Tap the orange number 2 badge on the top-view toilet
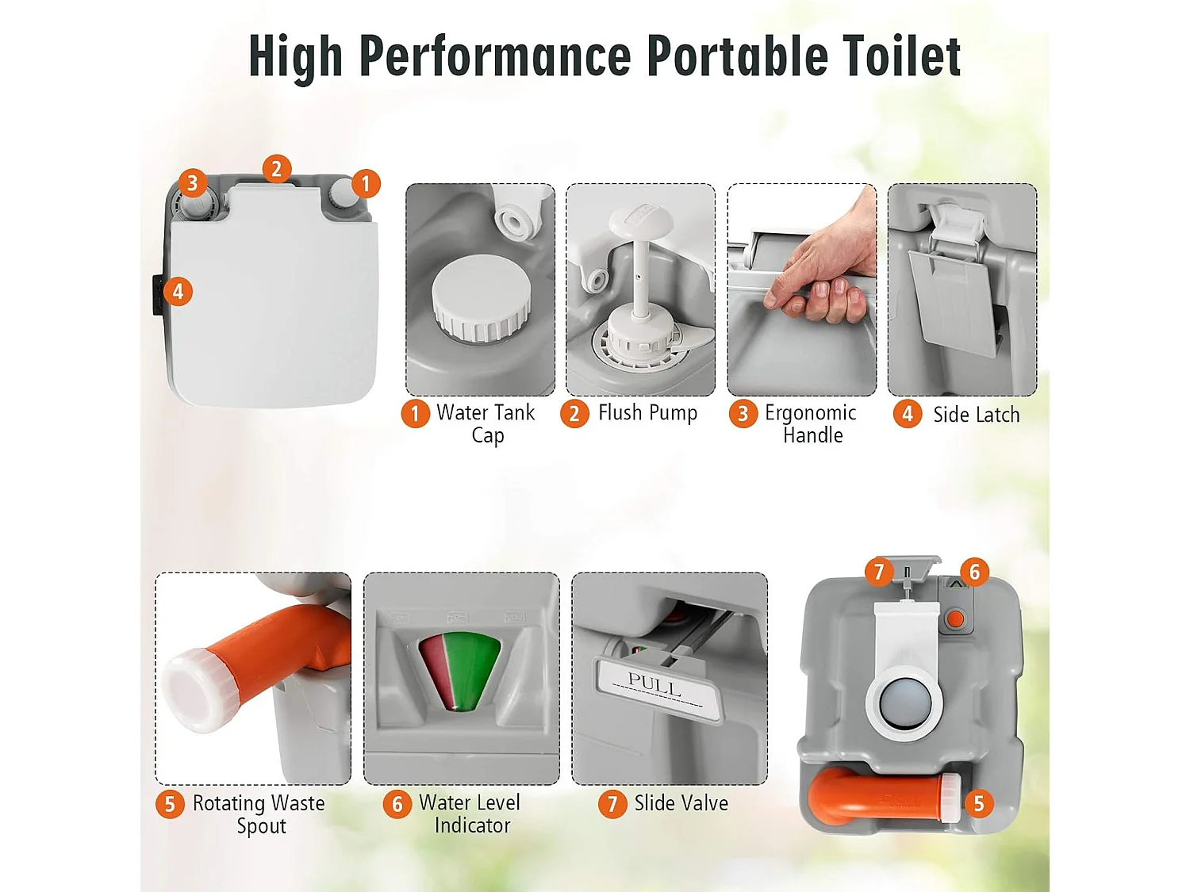pyautogui.click(x=277, y=169)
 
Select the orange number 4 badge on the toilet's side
pyautogui.click(x=178, y=292)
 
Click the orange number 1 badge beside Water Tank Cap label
pyautogui.click(x=415, y=414)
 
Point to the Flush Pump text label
pyautogui.click(x=647, y=412)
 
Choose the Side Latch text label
pyautogui.click(x=976, y=415)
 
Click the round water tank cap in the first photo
pyautogui.click(x=480, y=299)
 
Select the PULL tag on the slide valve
pyautogui.click(x=660, y=687)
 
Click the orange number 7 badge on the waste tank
pyautogui.click(x=878, y=572)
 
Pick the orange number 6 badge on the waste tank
pyautogui.click(x=974, y=572)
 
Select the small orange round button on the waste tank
pyautogui.click(x=956, y=618)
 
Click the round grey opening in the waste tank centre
pyautogui.click(x=904, y=703)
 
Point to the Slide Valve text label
pyautogui.click(x=681, y=802)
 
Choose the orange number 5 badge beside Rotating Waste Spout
pyautogui.click(x=170, y=804)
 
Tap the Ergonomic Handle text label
pyautogui.click(x=811, y=423)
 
